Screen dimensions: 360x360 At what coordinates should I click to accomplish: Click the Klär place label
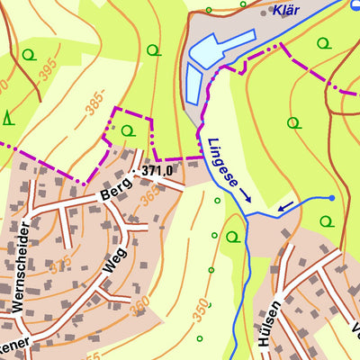coord(285,10)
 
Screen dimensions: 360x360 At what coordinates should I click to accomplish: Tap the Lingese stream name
coord(222,162)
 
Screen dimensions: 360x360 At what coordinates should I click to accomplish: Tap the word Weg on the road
coord(116,265)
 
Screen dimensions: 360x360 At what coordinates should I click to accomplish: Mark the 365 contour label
coord(150,193)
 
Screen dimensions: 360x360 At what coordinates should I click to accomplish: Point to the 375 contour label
coord(61,265)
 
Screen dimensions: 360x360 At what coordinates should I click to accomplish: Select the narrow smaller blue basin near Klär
coord(193,85)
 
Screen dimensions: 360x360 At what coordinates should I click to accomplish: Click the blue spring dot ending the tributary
coord(331,197)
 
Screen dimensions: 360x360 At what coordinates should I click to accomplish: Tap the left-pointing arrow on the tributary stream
coord(285,209)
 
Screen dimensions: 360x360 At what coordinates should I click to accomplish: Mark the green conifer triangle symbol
coord(8,116)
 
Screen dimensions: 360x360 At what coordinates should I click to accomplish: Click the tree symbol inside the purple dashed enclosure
coord(127,131)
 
